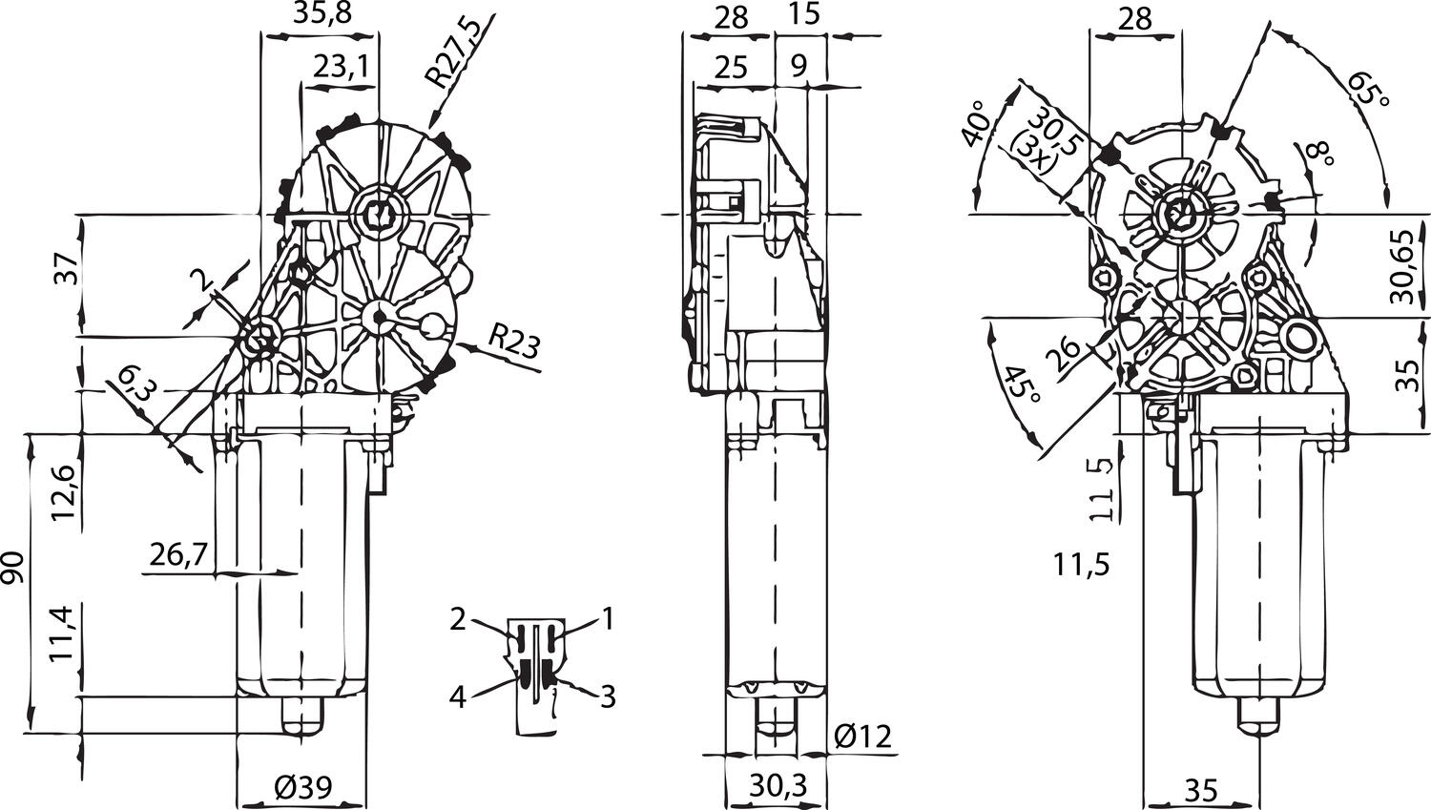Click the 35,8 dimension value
pos(320,16)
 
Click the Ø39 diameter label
pos(302,788)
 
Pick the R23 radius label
pos(513,342)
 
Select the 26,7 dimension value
pos(179,553)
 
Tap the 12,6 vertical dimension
pos(65,489)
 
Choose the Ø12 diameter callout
pos(861,736)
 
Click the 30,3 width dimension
pos(777,786)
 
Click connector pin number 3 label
pos(607,697)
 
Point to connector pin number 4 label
pos(458,697)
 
